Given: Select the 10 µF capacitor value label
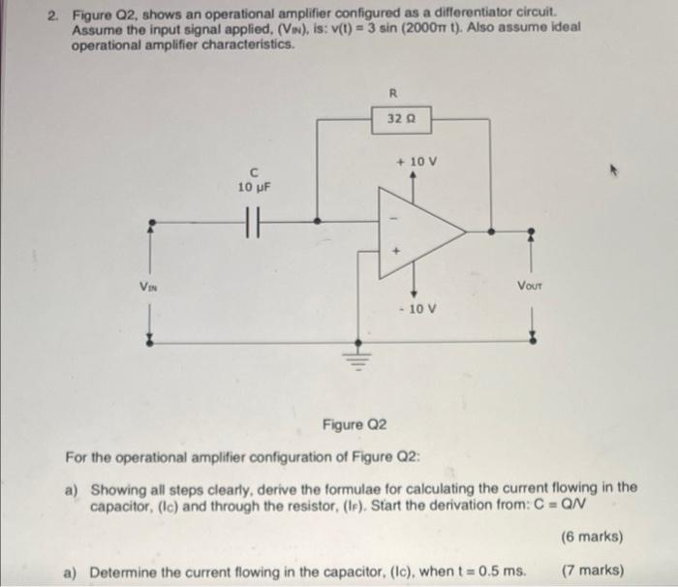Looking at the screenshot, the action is pyautogui.click(x=254, y=186).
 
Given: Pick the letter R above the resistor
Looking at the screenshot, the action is pyautogui.click(x=393, y=95).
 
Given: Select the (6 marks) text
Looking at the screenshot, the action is pyautogui.click(x=591, y=536).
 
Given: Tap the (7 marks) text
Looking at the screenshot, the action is pyautogui.click(x=591, y=570).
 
